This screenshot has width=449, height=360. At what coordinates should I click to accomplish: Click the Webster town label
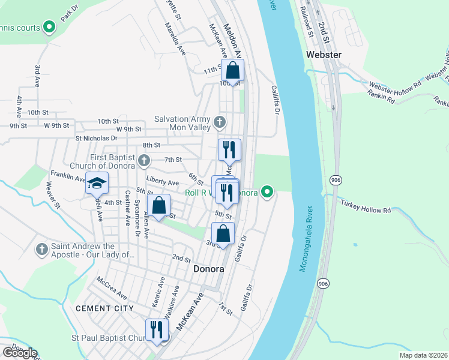pos(324,55)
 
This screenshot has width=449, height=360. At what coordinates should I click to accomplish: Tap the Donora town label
pos(209,269)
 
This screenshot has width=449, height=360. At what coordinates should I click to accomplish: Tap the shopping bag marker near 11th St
pos(232,71)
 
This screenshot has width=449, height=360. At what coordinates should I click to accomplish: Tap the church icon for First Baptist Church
pos(143,160)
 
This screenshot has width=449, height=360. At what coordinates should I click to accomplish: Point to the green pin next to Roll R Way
pos(268,193)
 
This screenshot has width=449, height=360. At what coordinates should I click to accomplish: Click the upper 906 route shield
pos(336,179)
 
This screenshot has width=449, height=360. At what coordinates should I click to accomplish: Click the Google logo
pos(20,353)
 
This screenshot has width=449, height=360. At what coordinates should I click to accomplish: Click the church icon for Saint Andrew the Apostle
pos(41,248)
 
